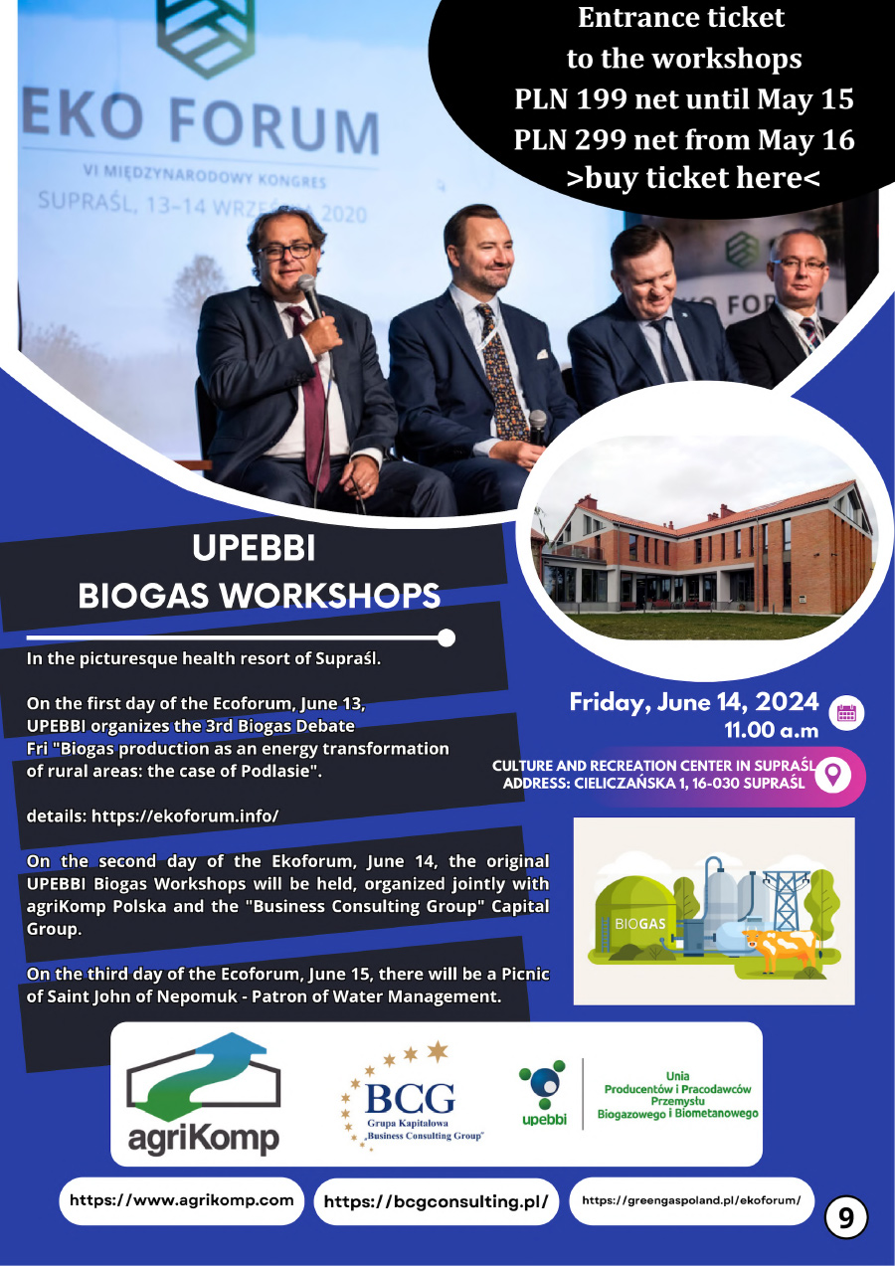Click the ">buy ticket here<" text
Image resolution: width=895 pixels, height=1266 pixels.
point(693,178)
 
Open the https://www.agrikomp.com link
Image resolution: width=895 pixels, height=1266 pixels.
point(181,1200)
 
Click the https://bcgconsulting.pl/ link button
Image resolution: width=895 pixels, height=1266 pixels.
point(436,1201)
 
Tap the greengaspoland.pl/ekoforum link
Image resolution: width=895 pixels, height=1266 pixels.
point(691,1200)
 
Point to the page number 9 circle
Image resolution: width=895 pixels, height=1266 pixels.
point(846,1218)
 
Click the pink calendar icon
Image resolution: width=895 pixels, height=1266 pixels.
point(846,713)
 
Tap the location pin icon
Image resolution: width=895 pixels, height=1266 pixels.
point(833,777)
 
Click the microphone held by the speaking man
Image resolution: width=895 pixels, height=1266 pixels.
point(309,295)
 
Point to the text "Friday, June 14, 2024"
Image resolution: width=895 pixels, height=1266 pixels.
point(694,702)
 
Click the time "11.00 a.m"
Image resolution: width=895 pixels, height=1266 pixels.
point(772,730)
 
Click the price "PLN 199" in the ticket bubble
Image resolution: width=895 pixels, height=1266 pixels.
point(571,98)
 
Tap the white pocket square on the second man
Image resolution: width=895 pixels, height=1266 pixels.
point(542,354)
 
